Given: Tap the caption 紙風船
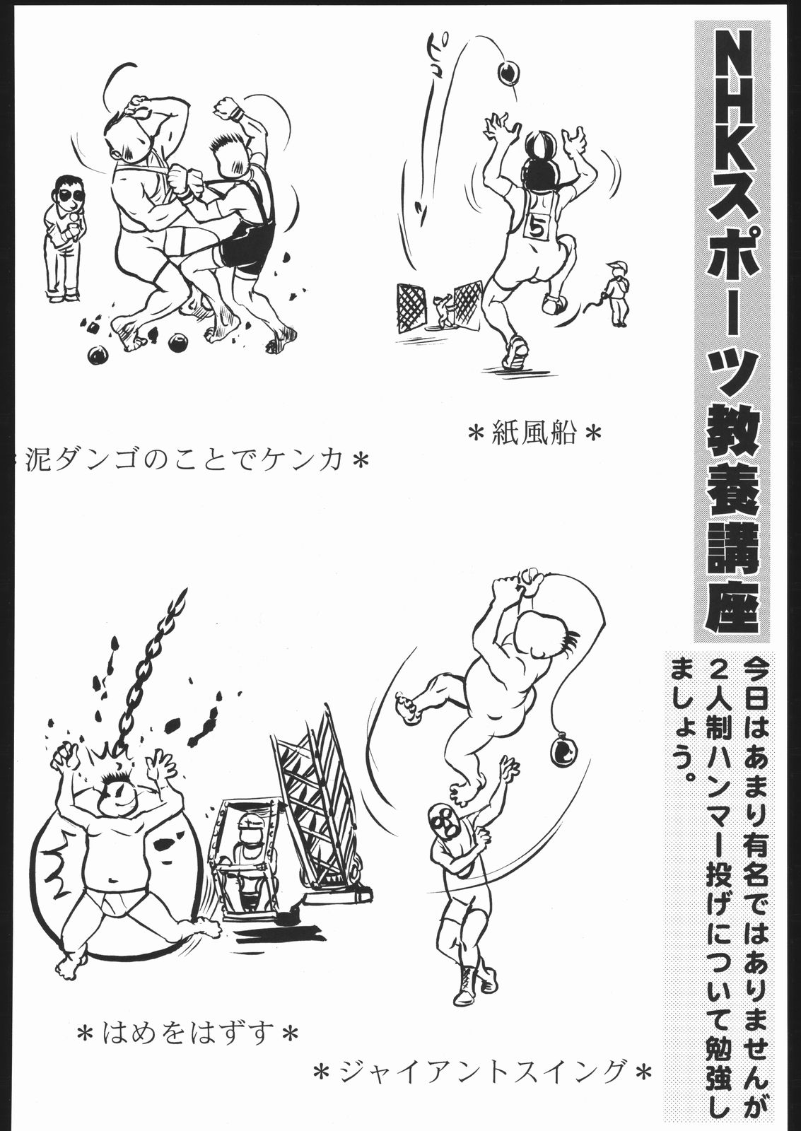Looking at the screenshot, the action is coord(534,432).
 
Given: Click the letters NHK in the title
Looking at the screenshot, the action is coord(732,96).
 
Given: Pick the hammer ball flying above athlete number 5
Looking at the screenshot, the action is coord(508,71).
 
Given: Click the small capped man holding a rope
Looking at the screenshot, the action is coord(616,293).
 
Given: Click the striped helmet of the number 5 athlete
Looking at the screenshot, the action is coord(537,145).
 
